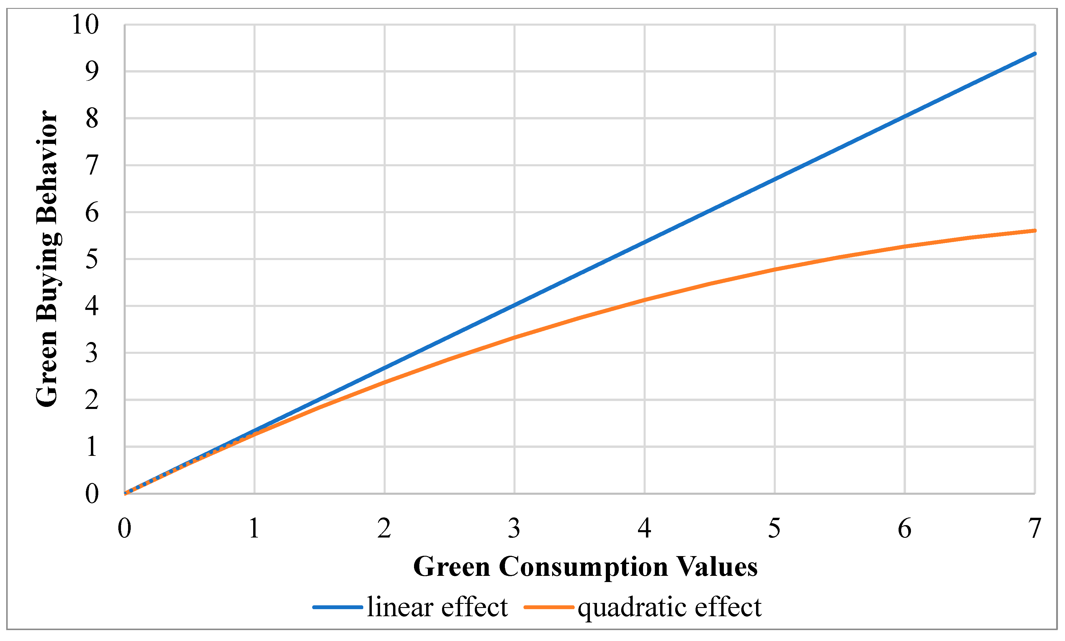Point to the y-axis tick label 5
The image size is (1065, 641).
click(x=92, y=259)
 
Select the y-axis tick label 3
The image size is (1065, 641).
click(x=92, y=353)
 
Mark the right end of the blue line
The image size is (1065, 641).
click(x=1034, y=54)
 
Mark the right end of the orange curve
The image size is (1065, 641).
click(x=1034, y=231)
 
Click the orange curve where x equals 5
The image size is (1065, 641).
click(x=775, y=269)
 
